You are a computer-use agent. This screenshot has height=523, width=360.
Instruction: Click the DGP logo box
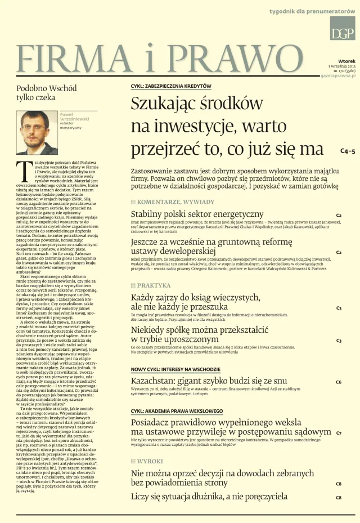pos(342,28)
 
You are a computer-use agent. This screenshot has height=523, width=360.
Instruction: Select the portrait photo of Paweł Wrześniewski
pos(37,132)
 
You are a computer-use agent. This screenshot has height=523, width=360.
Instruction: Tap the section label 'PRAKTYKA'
pos(154,285)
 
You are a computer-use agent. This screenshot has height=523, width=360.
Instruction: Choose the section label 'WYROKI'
pos(150,462)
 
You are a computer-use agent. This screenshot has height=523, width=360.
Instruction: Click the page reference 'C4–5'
pos(348,151)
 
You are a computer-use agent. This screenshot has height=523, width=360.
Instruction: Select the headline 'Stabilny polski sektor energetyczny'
pos(197,214)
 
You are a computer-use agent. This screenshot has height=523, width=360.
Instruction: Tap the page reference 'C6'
pos(339,382)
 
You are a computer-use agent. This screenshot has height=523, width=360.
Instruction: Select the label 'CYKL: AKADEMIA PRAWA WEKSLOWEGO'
pos(177,411)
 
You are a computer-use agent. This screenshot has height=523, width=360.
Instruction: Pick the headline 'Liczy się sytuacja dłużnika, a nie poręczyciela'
pos(209,497)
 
